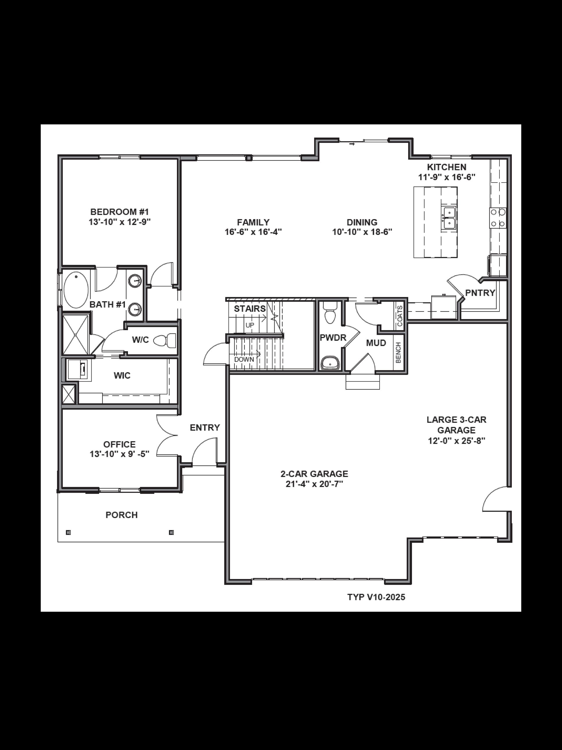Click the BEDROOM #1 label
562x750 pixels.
(x=119, y=212)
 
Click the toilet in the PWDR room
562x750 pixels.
(x=330, y=314)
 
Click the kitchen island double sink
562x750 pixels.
(x=449, y=218)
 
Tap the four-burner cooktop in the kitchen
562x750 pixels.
(x=498, y=218)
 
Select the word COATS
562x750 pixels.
(x=400, y=316)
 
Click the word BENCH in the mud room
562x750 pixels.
(x=399, y=353)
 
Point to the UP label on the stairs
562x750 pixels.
(x=249, y=325)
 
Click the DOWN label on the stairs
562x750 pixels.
(x=244, y=359)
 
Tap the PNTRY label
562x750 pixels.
(x=480, y=293)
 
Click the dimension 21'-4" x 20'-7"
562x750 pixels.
(x=314, y=484)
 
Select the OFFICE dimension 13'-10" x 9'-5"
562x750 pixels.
(x=119, y=454)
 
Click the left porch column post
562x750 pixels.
(x=68, y=532)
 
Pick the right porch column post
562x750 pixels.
(x=171, y=532)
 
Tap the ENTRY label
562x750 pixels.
(x=204, y=428)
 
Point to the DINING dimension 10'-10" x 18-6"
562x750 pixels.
(x=362, y=232)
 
